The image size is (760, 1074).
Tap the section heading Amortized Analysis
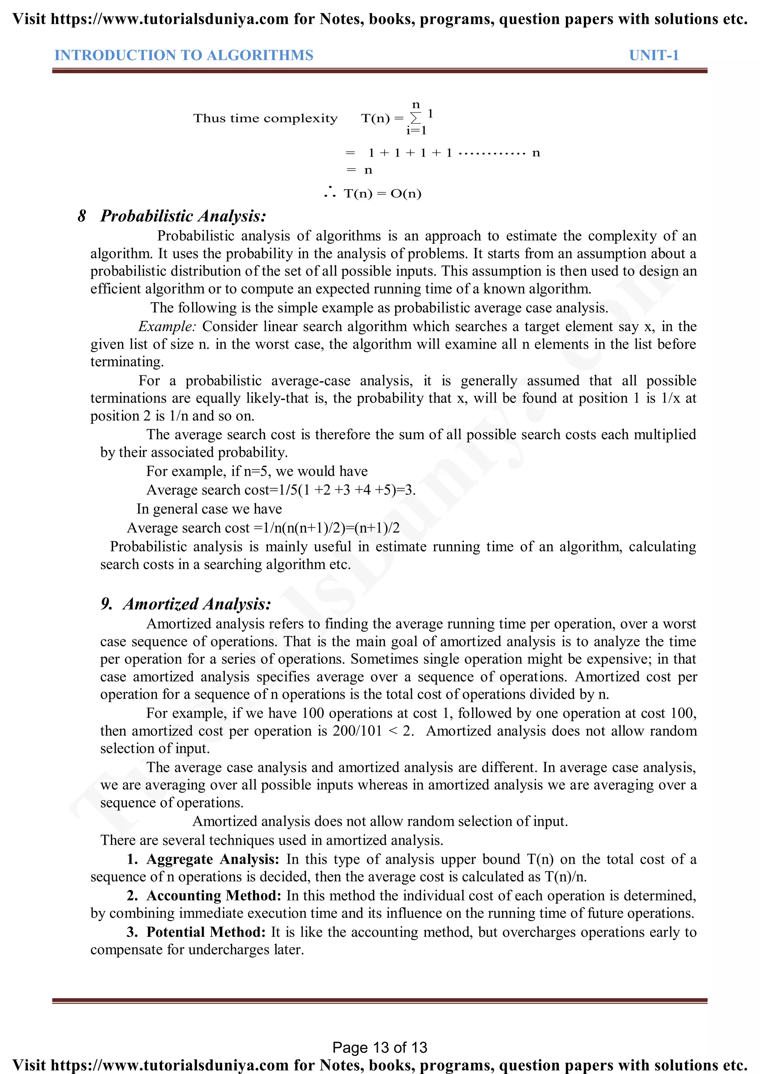coord(197,604)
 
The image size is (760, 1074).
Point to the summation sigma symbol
coord(416,118)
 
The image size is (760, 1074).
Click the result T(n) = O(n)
coord(382,193)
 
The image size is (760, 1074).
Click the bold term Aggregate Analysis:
coord(213,859)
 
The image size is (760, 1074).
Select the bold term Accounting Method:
coord(214,895)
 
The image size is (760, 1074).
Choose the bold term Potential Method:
coord(206,932)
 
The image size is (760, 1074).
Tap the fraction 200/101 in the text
coord(357,731)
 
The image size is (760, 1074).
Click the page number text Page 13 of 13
coord(380,1047)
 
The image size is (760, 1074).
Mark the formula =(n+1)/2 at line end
coord(377,528)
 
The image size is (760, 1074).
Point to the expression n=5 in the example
coord(257,471)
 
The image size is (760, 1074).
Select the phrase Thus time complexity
coord(265,118)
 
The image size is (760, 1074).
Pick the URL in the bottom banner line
coord(170,1065)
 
